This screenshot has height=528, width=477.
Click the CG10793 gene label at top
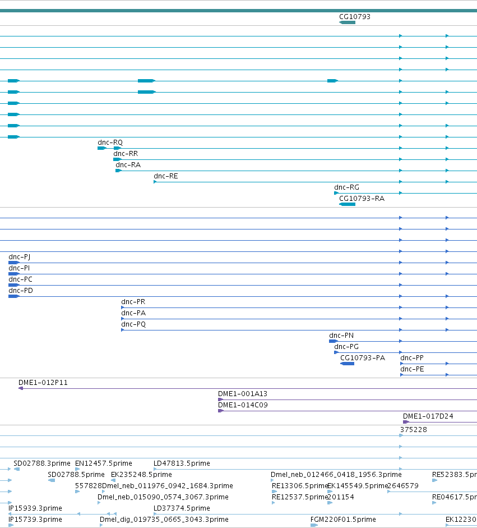tap(355, 16)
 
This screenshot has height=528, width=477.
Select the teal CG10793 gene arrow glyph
tap(347, 22)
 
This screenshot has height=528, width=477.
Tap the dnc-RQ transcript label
tap(110, 143)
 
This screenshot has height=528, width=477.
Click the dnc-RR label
tap(126, 154)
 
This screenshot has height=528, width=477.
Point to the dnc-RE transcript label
tap(165, 176)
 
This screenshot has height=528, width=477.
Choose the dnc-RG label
tap(346, 187)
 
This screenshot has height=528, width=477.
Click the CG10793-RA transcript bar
tap(347, 204)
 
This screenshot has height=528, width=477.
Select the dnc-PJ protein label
tap(19, 257)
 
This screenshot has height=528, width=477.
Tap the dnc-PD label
tap(21, 291)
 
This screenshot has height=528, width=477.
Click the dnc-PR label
tap(133, 302)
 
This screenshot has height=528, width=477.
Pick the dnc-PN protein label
tap(341, 336)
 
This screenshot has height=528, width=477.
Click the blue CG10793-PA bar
tap(347, 364)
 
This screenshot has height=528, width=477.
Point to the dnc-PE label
tap(412, 369)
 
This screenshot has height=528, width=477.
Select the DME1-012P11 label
tap(43, 383)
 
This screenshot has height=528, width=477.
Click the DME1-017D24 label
tap(428, 416)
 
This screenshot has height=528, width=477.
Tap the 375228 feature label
tap(414, 430)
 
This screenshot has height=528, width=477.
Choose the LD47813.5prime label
tap(182, 463)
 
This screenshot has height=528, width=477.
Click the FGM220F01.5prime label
tap(343, 520)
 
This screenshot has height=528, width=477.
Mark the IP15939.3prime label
tap(35, 508)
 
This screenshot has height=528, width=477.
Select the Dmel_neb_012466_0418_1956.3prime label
tap(336, 475)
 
